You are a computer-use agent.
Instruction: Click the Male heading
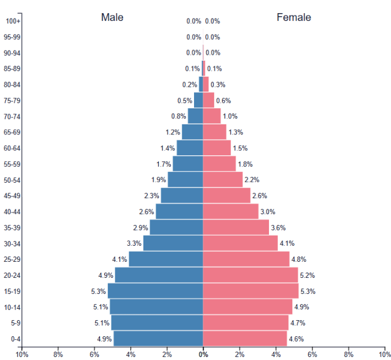[x=112, y=17]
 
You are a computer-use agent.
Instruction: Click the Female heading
[x=293, y=17]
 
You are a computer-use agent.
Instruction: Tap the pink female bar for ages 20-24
[x=250, y=275]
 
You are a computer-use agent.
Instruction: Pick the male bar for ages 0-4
[x=158, y=339]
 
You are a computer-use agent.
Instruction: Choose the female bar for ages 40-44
[x=230, y=211]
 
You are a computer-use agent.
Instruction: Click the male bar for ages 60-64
[x=189, y=148]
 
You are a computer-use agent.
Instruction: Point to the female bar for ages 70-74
[x=211, y=116]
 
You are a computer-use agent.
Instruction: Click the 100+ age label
[x=13, y=21]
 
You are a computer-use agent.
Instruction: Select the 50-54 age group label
[x=12, y=180]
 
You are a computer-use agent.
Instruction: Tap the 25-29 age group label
[x=12, y=259]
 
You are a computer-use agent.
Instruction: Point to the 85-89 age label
[x=12, y=68]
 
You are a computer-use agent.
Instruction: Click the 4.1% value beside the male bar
[x=119, y=259]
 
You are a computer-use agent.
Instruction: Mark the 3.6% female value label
[x=278, y=227]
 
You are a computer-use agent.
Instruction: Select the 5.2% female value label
[x=307, y=276]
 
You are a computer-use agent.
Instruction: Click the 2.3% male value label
[x=151, y=196]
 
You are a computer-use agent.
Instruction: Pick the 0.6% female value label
[x=223, y=101]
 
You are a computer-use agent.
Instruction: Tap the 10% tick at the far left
[x=22, y=355]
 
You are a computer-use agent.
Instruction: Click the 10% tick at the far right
[x=384, y=355]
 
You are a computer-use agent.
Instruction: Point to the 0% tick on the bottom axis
[x=203, y=355]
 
